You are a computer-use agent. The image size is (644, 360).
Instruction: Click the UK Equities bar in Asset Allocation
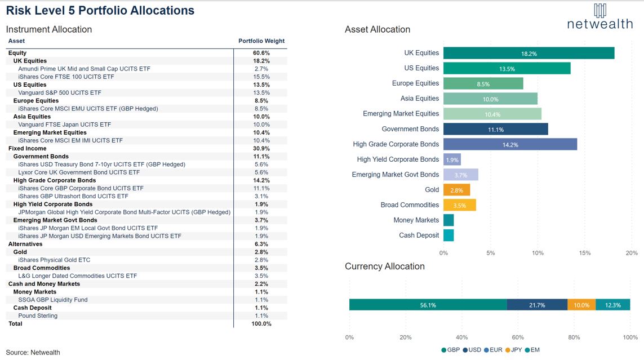coord(528,53)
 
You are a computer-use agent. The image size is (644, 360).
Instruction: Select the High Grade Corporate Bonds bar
coord(510,144)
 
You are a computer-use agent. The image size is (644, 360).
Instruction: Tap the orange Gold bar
coord(456,190)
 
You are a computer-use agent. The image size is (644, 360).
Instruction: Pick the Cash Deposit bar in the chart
coord(448,235)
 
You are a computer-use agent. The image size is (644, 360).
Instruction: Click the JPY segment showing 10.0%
coord(581,305)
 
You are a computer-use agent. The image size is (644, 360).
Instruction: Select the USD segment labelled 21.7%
coord(537,305)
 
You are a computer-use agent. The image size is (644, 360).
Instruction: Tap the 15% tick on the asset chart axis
coord(584,253)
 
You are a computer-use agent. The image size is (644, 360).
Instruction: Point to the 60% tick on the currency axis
coord(518,337)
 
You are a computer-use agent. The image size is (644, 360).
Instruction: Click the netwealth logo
coord(599,17)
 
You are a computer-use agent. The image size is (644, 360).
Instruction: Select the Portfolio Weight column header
coord(261,41)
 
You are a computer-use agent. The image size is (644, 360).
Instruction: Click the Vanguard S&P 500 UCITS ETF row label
coord(60,92)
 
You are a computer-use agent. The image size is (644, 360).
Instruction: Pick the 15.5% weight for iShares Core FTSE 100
coord(261,77)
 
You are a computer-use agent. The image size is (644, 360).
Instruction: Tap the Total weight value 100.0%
coord(261,324)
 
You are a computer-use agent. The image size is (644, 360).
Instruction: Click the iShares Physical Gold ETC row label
coord(54,260)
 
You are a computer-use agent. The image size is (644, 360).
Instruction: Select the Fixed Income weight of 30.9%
coord(261,149)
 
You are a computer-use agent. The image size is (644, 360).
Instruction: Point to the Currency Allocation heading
coord(385,266)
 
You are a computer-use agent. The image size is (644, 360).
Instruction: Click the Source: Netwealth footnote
coord(33,353)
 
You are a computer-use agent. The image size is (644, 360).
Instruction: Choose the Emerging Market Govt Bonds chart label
coord(395,175)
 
